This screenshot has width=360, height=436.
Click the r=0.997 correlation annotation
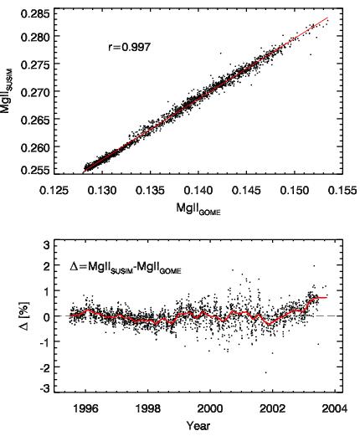click(x=129, y=47)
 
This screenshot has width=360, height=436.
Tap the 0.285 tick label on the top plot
click(x=37, y=13)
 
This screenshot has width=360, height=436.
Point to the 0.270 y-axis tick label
click(x=37, y=92)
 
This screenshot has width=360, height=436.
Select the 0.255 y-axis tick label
click(x=37, y=170)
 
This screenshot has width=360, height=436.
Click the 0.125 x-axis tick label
click(x=54, y=191)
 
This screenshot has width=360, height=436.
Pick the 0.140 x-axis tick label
click(x=198, y=191)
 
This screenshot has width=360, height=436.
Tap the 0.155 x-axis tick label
click(x=342, y=191)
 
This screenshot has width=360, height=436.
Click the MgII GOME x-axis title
click(x=198, y=208)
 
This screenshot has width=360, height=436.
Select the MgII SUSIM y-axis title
click(x=6, y=90)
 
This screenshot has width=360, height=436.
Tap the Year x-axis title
click(x=198, y=426)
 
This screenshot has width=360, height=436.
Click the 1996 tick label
click(x=85, y=408)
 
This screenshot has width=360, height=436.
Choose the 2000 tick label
click(x=210, y=408)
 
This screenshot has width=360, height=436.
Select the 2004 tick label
click(x=335, y=408)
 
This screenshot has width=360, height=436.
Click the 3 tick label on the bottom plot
click(x=46, y=245)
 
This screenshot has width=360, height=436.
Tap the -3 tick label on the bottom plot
click(x=44, y=388)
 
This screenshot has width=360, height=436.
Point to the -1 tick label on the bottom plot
click(x=44, y=341)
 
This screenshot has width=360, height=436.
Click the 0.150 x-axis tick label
click(x=295, y=191)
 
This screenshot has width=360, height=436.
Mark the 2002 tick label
click(x=272, y=408)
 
